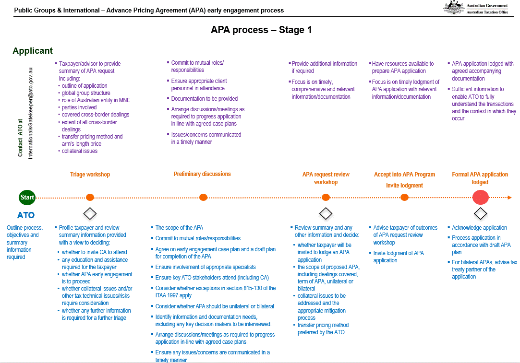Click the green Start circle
(27, 197)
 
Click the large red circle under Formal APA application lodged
(480, 197)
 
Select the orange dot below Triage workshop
(90, 197)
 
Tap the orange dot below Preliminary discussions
(203, 197)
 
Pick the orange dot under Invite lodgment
(404, 197)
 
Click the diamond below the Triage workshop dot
(90, 213)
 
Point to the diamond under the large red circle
(480, 213)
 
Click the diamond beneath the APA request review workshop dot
(326, 213)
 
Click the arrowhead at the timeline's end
(509, 197)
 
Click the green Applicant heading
(33, 51)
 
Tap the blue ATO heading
(26, 215)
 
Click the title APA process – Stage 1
(261, 30)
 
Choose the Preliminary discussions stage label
(202, 174)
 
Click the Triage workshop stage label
(90, 175)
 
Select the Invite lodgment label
(404, 186)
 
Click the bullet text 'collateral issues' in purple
(79, 151)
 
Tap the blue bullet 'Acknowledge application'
(479, 228)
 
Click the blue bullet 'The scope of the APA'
(179, 228)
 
